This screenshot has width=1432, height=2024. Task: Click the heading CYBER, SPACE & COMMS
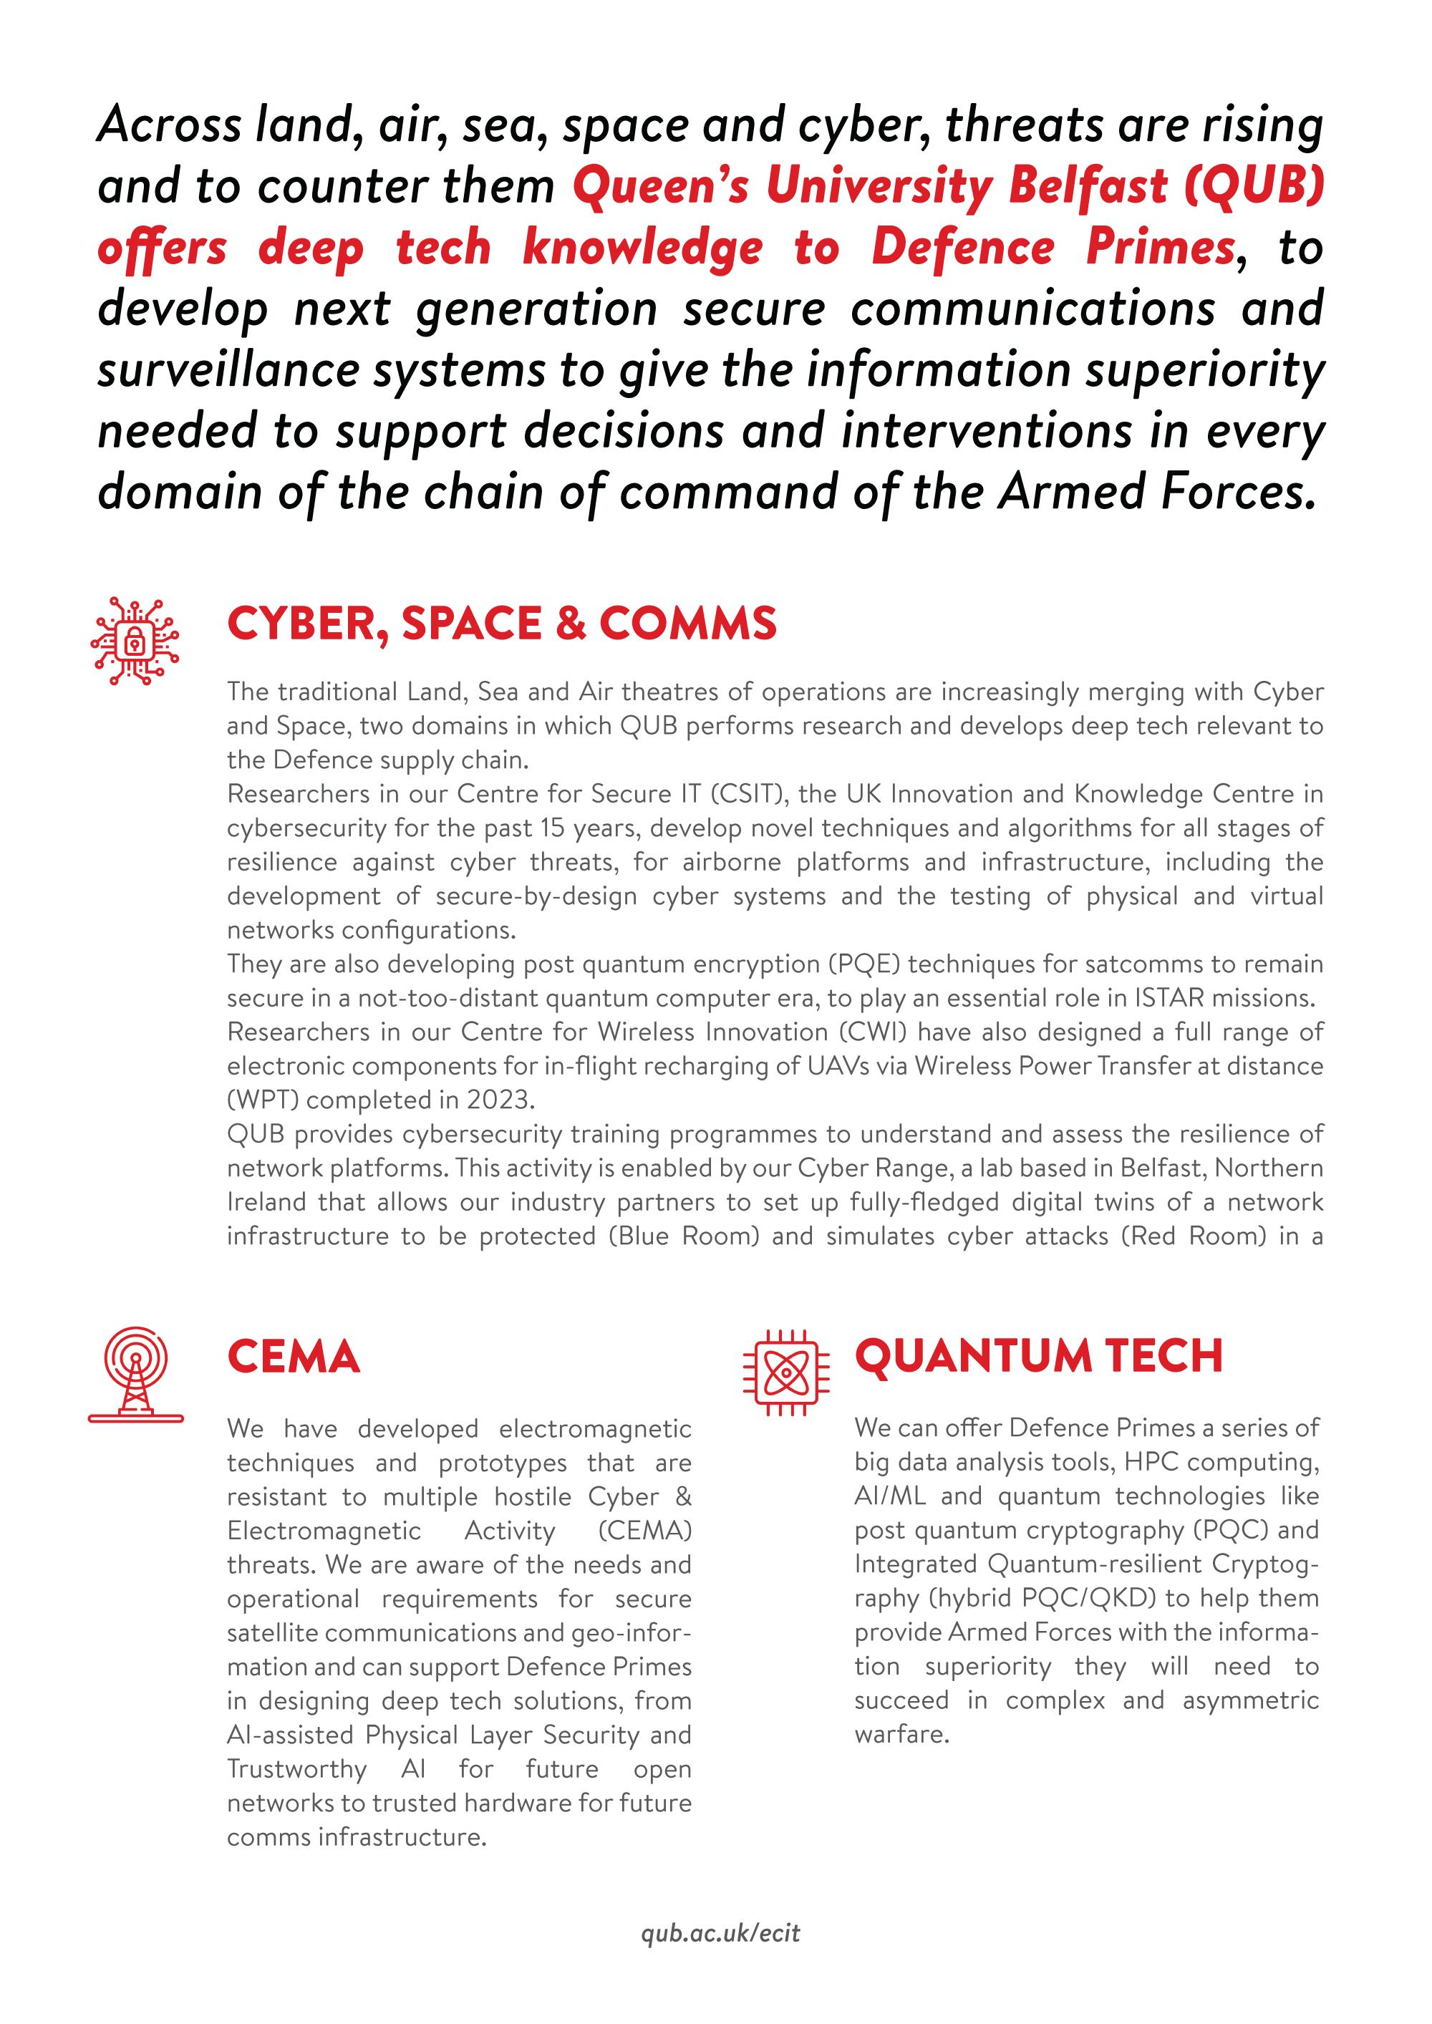click(x=502, y=624)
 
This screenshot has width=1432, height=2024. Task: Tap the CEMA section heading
click(x=294, y=1357)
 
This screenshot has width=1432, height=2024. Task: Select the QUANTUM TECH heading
click(x=1039, y=1356)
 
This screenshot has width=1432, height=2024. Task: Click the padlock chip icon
click(x=135, y=641)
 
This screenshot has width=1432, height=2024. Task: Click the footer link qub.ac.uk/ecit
click(x=720, y=1934)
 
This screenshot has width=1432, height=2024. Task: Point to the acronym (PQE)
click(x=864, y=964)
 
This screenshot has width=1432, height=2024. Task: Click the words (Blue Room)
click(x=683, y=1236)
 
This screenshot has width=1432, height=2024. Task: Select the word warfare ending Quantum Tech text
click(x=901, y=1734)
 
